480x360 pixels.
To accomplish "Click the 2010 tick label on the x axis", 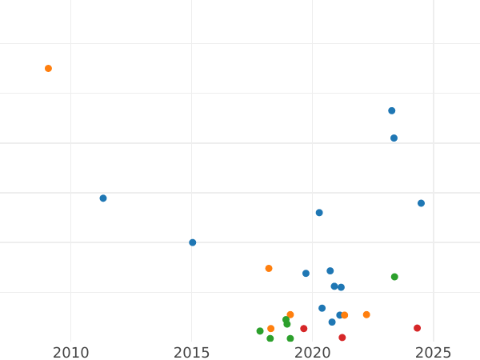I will pos(70,353).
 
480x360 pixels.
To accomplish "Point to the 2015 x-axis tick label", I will pos(192,353).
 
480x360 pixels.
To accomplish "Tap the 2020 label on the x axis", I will pos(313,353).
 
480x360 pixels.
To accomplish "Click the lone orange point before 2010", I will pos(48,69).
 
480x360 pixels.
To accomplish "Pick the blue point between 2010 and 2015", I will pos(103,198).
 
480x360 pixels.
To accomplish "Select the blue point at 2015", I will pos(193,242).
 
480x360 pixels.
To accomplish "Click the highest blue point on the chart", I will pos(392,111).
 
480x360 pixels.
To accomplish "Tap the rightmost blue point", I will pos(421,203).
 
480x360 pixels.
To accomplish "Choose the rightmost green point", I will pos(394,277).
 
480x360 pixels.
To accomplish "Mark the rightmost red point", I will pos(417,328).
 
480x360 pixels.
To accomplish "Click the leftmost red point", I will pos(304,329).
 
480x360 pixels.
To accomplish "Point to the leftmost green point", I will pos(260,331).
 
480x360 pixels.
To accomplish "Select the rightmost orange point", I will pos(366,315).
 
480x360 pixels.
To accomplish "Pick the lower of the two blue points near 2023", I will pos(394,138).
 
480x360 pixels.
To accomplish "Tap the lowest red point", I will pos(342,338).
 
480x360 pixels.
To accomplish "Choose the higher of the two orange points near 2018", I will pos(269,269).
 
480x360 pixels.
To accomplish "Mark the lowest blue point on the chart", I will pos(332,322).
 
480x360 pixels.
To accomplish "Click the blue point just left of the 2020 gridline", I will pos(306,274).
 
